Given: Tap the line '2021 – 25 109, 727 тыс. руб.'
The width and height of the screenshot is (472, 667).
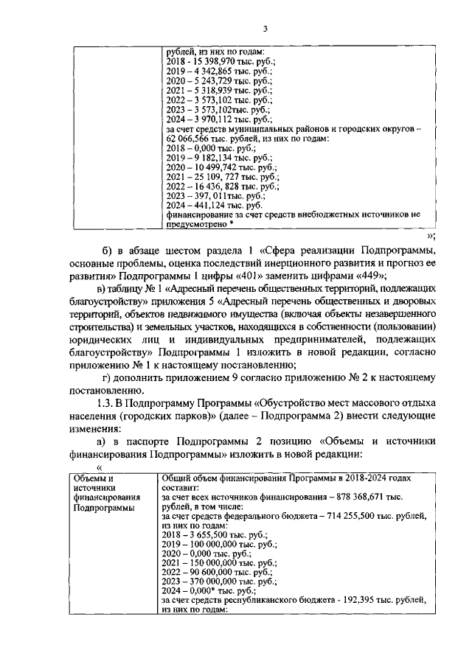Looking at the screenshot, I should pos(219,177).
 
